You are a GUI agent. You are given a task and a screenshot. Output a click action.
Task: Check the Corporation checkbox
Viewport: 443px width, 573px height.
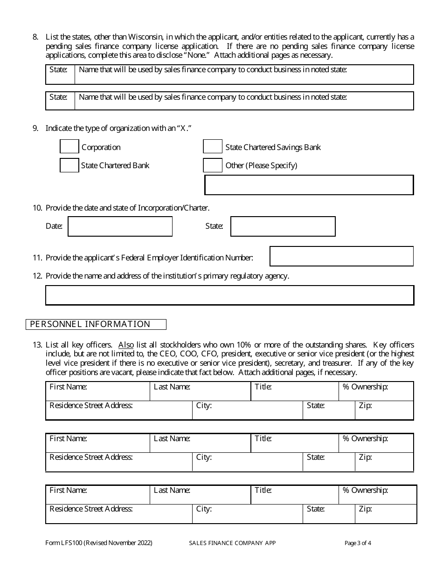(x=69, y=147)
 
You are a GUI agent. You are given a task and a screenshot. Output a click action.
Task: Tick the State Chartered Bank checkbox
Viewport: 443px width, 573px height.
(x=69, y=165)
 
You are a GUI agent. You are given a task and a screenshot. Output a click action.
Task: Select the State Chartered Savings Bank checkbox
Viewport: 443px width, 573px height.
(x=213, y=147)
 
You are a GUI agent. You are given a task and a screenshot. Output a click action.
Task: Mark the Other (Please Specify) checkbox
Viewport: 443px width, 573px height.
(x=213, y=165)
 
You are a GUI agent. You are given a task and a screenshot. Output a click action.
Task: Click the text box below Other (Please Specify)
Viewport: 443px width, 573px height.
(x=309, y=185)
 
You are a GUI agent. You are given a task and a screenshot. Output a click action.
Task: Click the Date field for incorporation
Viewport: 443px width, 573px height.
(x=120, y=226)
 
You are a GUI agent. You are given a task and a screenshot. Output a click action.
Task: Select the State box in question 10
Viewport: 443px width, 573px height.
(x=283, y=226)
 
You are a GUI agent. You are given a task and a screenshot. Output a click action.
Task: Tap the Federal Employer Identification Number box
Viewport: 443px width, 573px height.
(x=342, y=256)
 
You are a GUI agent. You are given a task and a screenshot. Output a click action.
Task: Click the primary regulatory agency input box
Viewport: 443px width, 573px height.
(x=229, y=295)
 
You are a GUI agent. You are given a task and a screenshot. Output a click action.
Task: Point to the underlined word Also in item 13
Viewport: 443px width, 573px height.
(x=126, y=345)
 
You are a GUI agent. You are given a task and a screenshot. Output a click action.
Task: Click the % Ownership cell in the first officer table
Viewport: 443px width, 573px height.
(x=376, y=391)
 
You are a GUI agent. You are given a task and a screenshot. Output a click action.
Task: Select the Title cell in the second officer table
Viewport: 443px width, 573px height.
(x=295, y=443)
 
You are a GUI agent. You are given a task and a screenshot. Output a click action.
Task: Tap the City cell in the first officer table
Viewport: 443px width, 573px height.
(x=248, y=410)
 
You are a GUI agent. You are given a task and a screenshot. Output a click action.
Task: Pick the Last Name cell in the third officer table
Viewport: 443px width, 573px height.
(x=201, y=495)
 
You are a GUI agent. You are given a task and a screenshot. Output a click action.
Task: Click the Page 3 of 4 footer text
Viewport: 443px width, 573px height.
(x=358, y=543)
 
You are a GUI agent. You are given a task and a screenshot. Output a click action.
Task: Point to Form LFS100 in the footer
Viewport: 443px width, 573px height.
(x=64, y=543)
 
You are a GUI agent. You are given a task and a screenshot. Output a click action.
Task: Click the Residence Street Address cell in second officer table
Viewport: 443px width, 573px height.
(x=119, y=462)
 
